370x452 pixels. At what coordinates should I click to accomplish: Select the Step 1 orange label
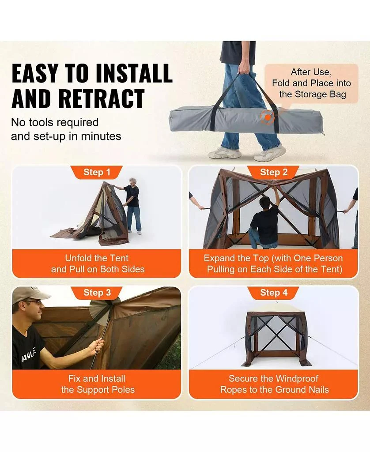coord(97,173)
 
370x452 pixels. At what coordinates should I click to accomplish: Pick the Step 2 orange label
coord(274,173)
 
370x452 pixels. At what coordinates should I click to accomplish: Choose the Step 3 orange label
coord(97,293)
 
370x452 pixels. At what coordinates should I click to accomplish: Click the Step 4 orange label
coord(274,293)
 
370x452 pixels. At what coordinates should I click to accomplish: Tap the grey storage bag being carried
coord(246,120)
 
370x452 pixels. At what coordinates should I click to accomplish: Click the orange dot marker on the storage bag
coord(268,117)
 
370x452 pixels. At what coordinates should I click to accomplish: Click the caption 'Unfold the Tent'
coord(97,258)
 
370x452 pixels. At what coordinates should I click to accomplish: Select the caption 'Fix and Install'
coord(97,378)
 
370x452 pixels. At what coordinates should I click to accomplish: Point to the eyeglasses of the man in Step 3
coord(34,302)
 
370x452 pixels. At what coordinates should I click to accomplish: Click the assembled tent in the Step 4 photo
coord(276,338)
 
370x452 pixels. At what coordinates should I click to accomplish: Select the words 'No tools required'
coord(55,123)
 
